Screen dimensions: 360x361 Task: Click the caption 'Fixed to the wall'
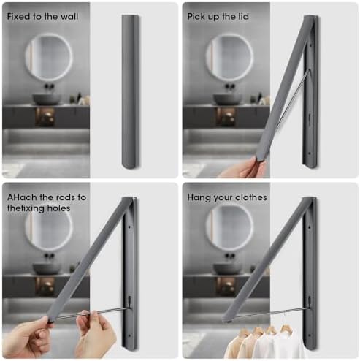click(42, 17)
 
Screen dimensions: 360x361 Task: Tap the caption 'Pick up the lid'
click(218, 17)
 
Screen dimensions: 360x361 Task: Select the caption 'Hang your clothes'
click(227, 197)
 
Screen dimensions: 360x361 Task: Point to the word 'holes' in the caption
click(58, 208)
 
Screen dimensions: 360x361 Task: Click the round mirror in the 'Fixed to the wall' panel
click(49, 57)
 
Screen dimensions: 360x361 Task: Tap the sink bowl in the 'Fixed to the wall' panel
click(47, 99)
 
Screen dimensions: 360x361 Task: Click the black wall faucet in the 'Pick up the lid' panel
click(230, 85)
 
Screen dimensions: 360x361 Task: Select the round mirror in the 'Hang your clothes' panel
click(229, 227)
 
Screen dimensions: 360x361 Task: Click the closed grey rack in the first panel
click(131, 92)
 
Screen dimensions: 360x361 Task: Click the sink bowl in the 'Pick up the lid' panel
click(227, 99)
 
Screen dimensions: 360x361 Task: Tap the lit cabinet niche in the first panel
click(45, 117)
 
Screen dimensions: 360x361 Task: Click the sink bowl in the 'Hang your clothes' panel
click(227, 268)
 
